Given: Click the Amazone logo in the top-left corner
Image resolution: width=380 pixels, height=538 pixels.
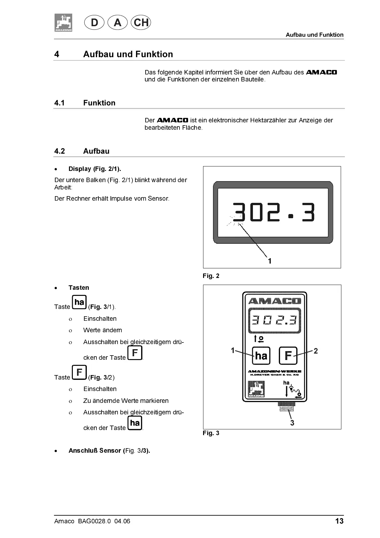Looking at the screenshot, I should coord(63,23).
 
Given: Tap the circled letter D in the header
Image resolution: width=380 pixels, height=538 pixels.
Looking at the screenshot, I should coord(95,23).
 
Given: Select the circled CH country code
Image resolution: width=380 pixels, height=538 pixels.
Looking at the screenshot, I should coord(141,22).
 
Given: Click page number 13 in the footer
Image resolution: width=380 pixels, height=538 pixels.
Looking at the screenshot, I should coord(339,521).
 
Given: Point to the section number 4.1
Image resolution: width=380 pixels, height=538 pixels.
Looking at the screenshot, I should coord(59,103).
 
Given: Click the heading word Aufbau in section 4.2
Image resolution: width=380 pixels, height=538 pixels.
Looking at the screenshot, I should coord(96,151).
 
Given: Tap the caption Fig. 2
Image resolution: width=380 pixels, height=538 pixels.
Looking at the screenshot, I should coord(211,276).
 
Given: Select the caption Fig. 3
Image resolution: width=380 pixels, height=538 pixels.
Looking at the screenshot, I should coord(211,433).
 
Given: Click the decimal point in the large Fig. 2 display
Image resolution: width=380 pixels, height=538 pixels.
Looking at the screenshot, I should coord(290,216).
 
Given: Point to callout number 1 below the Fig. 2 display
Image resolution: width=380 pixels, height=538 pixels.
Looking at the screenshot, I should coord(270,261).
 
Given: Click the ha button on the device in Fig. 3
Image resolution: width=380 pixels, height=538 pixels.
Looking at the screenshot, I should coord(261,356).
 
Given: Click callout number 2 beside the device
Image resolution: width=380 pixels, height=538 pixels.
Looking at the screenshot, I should coord(316,351).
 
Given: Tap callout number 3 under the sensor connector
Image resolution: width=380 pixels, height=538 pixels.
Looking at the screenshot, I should coord(292,423).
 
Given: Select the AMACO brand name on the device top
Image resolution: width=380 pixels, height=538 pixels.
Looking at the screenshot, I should coord(275,301).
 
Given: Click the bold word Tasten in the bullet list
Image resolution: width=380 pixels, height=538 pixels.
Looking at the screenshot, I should coord(79,288).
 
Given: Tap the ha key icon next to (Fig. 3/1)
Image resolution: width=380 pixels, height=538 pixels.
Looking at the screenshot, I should coord(79,302).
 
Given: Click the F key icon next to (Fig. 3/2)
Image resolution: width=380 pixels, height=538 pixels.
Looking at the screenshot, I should coord(79,373).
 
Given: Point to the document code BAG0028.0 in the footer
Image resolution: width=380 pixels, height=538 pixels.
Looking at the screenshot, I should coord(94,521).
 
